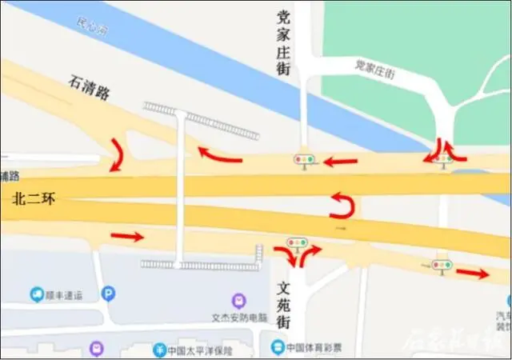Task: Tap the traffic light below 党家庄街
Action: point(303,160)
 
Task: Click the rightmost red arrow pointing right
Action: point(473,274)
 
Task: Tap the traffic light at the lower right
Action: point(442,263)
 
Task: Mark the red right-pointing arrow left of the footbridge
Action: point(127,236)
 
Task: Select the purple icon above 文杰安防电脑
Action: point(238,302)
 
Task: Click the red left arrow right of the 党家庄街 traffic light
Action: point(341,162)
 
